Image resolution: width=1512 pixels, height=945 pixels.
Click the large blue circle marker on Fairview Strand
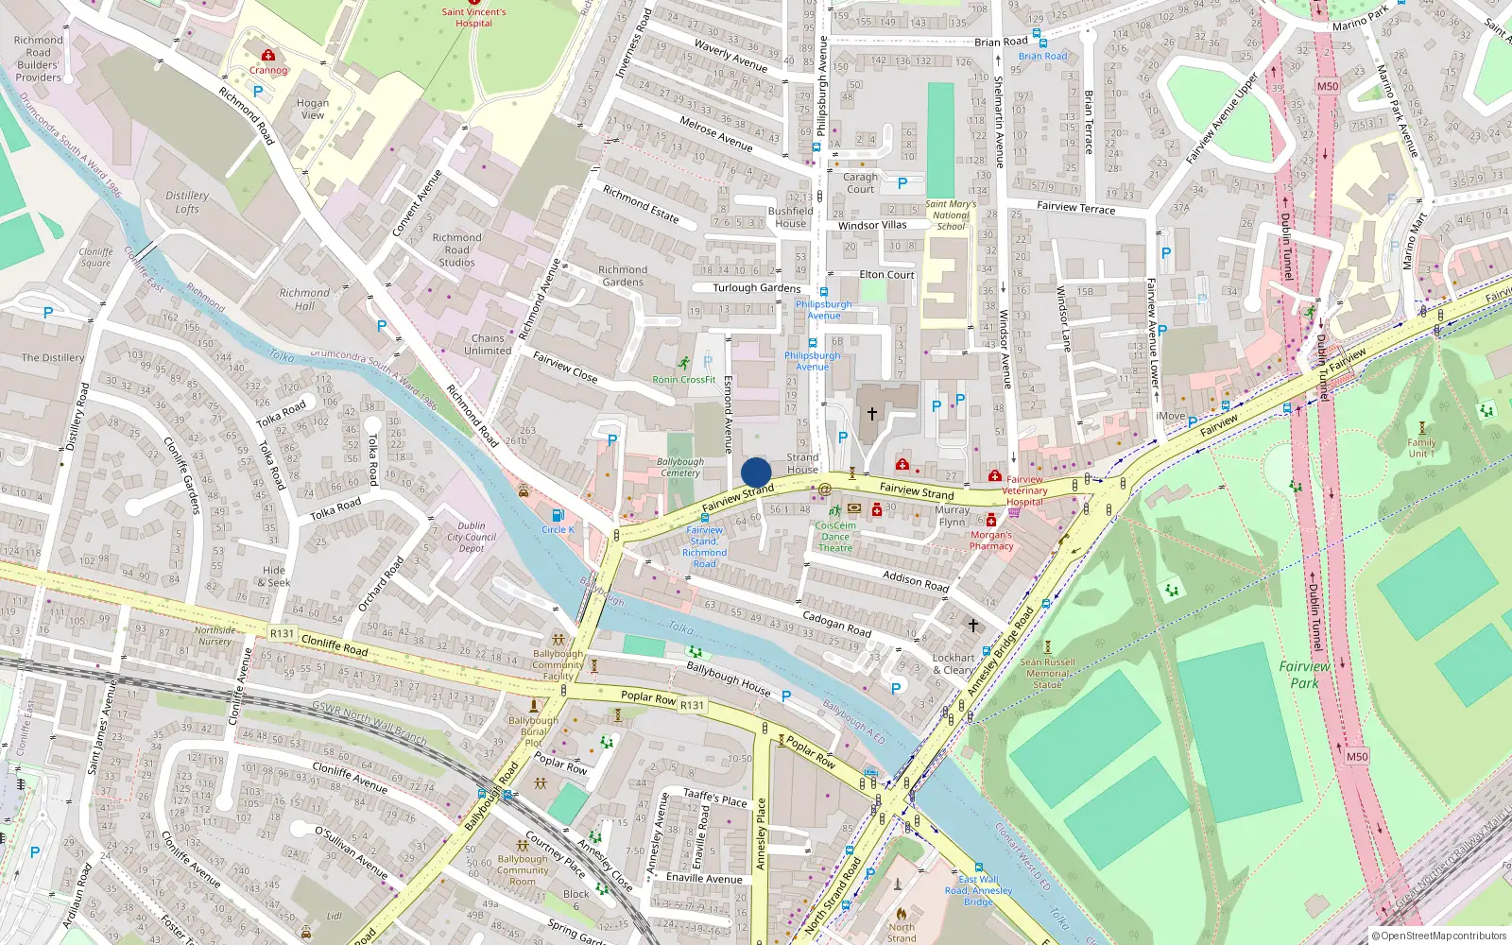coord(756,472)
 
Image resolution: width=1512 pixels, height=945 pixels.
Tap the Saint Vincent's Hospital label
coord(473,18)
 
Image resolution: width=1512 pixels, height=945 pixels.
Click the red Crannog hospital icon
coord(268,55)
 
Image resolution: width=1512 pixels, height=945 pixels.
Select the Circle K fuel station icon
coord(558,515)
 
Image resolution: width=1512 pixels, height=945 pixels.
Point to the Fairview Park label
coord(1304,674)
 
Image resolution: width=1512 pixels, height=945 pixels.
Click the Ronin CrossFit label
coord(684,380)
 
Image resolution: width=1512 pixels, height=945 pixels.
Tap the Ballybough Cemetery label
coord(680,467)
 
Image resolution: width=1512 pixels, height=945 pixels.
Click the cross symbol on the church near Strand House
coord(871,413)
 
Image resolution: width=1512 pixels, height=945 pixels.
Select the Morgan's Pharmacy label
coord(991,540)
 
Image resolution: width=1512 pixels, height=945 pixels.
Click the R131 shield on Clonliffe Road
coord(282,633)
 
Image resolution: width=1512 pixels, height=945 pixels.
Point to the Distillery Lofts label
coord(187,202)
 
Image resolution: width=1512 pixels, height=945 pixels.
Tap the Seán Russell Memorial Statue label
coord(1047,673)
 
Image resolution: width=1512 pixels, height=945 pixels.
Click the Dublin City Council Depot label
coord(472,537)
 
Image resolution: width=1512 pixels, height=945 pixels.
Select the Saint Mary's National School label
coord(951,215)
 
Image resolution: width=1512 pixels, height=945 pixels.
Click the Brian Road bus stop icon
coord(1038,34)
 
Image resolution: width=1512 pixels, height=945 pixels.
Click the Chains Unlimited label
coord(488,344)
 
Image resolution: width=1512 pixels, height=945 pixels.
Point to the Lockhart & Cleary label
coord(953,663)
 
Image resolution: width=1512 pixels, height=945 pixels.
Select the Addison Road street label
coord(916,580)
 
